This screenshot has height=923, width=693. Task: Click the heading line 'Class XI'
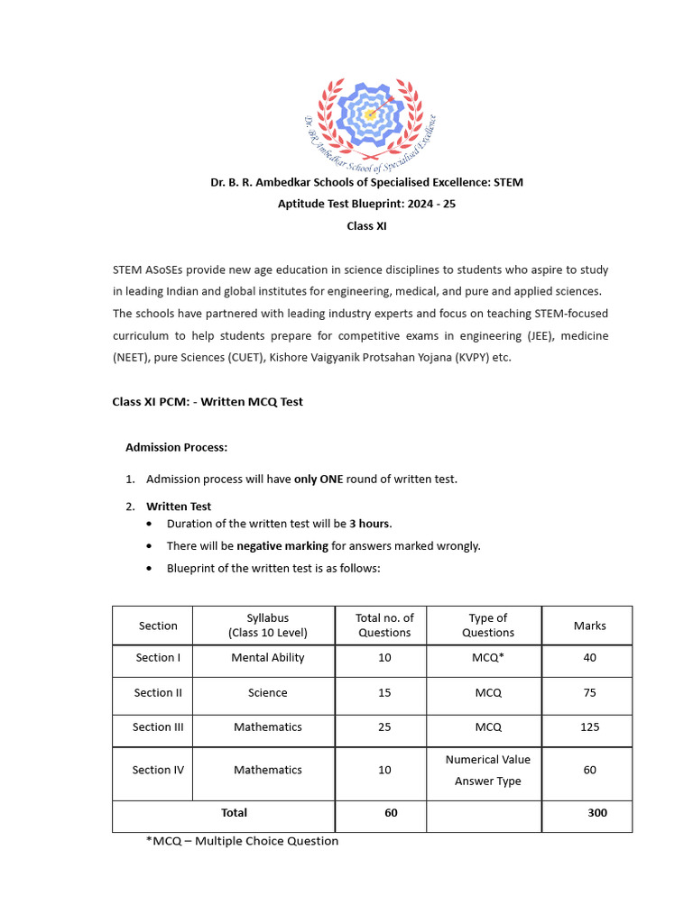click(366, 226)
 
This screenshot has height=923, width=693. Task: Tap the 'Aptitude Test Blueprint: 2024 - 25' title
click(366, 204)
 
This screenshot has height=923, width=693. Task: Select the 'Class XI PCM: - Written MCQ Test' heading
click(208, 402)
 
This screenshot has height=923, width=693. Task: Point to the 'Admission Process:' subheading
click(176, 447)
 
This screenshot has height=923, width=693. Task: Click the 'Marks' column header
click(590, 626)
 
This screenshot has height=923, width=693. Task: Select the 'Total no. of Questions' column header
click(384, 626)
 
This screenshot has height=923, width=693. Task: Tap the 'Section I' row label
click(158, 658)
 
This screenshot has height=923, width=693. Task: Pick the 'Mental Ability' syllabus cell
click(268, 658)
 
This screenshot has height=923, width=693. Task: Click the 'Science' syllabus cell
click(268, 693)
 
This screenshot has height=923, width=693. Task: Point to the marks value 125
click(590, 727)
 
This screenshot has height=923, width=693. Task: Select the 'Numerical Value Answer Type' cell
click(487, 771)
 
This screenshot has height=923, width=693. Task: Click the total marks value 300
click(596, 813)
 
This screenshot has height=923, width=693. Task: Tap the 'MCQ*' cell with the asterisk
click(487, 658)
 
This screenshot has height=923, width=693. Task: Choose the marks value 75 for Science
click(590, 693)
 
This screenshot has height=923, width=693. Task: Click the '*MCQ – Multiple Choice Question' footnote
click(242, 841)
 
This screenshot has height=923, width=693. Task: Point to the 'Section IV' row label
click(158, 771)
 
